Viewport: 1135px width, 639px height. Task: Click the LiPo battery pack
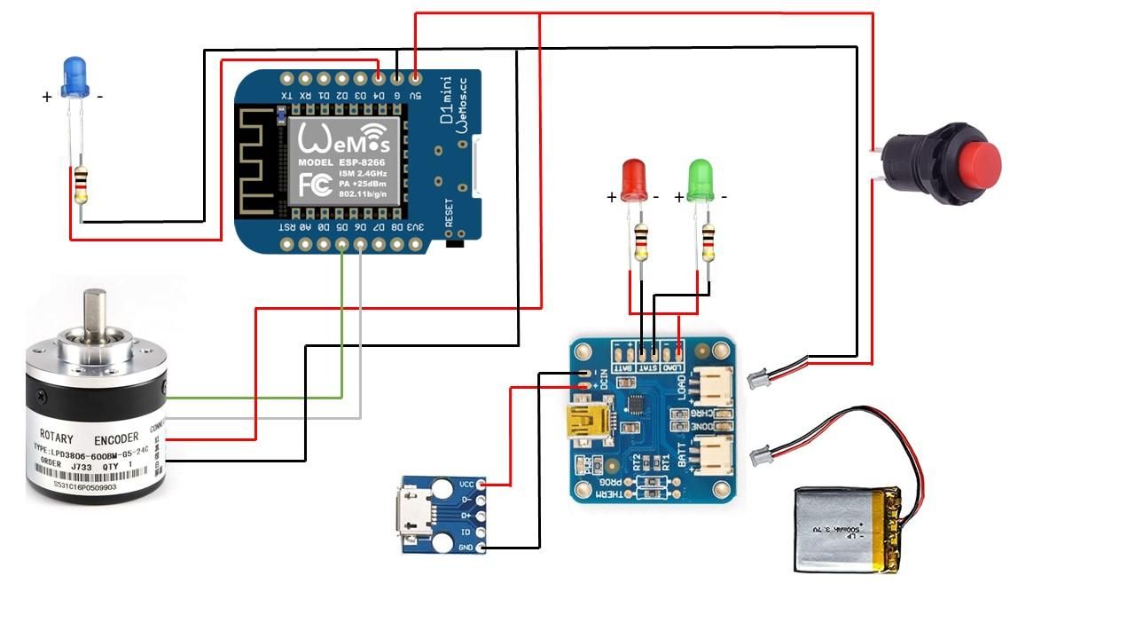pos(849,530)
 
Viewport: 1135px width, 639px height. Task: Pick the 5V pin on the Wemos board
pos(415,78)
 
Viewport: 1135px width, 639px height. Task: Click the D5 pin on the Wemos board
pos(342,243)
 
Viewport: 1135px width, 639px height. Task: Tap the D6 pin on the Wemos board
pos(361,243)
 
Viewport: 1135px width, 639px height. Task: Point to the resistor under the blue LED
pos(81,184)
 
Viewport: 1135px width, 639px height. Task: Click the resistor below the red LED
pos(640,241)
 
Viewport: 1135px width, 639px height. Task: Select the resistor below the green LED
pos(708,241)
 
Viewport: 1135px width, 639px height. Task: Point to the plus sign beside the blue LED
pos(47,98)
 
